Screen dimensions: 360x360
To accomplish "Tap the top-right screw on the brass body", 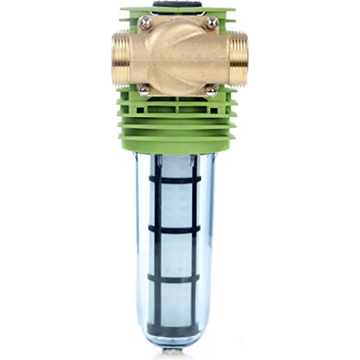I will click(x=212, y=22).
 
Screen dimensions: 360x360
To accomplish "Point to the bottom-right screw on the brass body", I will click(x=211, y=90).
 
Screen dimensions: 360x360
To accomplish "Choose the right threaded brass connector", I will click(x=239, y=58).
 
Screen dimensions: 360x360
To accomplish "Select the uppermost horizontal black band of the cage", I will click(x=175, y=180).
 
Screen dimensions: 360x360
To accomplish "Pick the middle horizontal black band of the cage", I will click(x=175, y=228).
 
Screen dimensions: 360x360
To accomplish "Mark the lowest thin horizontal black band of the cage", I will click(x=175, y=278).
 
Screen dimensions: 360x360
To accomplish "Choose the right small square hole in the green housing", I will click(x=214, y=111).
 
